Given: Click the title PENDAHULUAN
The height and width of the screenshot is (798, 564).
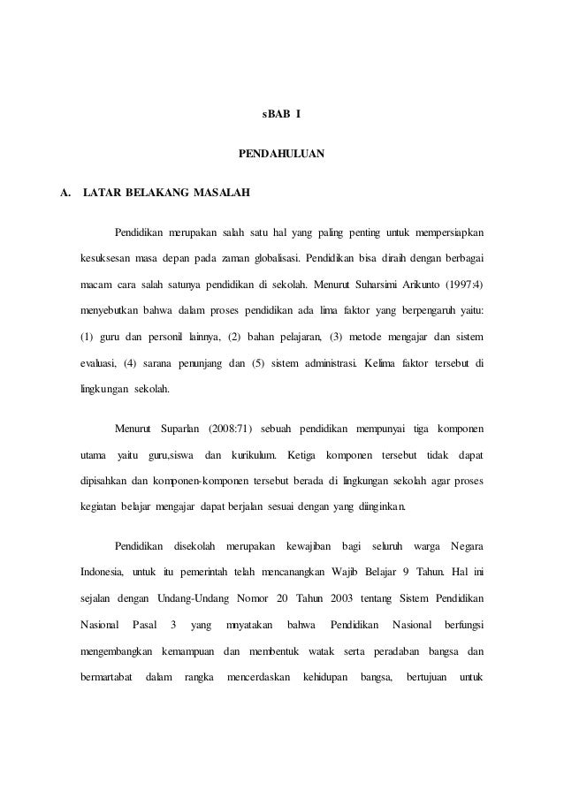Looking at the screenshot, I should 282,154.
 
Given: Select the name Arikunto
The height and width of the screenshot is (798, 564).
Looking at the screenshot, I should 424,286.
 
